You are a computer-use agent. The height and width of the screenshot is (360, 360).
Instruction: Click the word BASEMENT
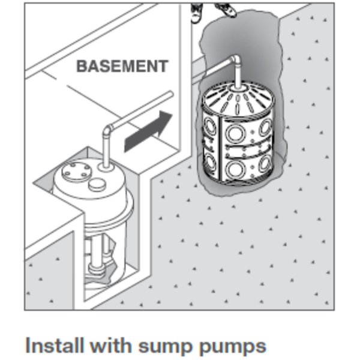point(122,65)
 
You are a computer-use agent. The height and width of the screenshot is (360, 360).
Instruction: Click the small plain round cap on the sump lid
point(96,184)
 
